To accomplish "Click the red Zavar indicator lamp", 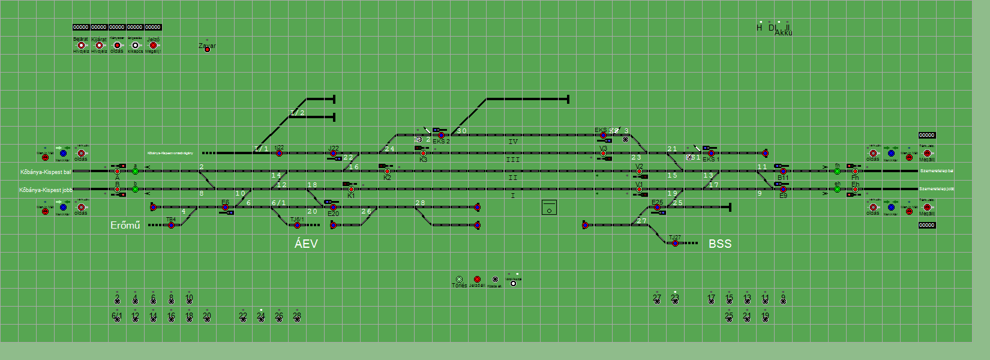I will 207,49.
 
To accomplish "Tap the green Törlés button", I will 459,280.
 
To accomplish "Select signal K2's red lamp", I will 387,172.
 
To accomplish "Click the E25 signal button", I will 657,208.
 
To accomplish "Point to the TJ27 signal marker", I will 675,243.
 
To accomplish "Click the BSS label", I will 720,244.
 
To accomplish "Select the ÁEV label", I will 306,244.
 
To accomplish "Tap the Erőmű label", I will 125,225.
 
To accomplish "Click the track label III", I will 512,160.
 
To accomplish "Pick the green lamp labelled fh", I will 837,172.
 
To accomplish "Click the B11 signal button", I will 783,172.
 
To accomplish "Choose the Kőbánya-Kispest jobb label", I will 46,190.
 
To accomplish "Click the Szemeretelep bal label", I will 937,171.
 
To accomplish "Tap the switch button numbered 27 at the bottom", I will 657,301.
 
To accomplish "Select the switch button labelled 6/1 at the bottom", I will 117,319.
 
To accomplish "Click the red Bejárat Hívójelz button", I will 81,46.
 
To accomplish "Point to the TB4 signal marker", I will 171,225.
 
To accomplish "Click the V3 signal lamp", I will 603,154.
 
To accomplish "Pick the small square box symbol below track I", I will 549,208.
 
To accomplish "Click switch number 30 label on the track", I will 461,131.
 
